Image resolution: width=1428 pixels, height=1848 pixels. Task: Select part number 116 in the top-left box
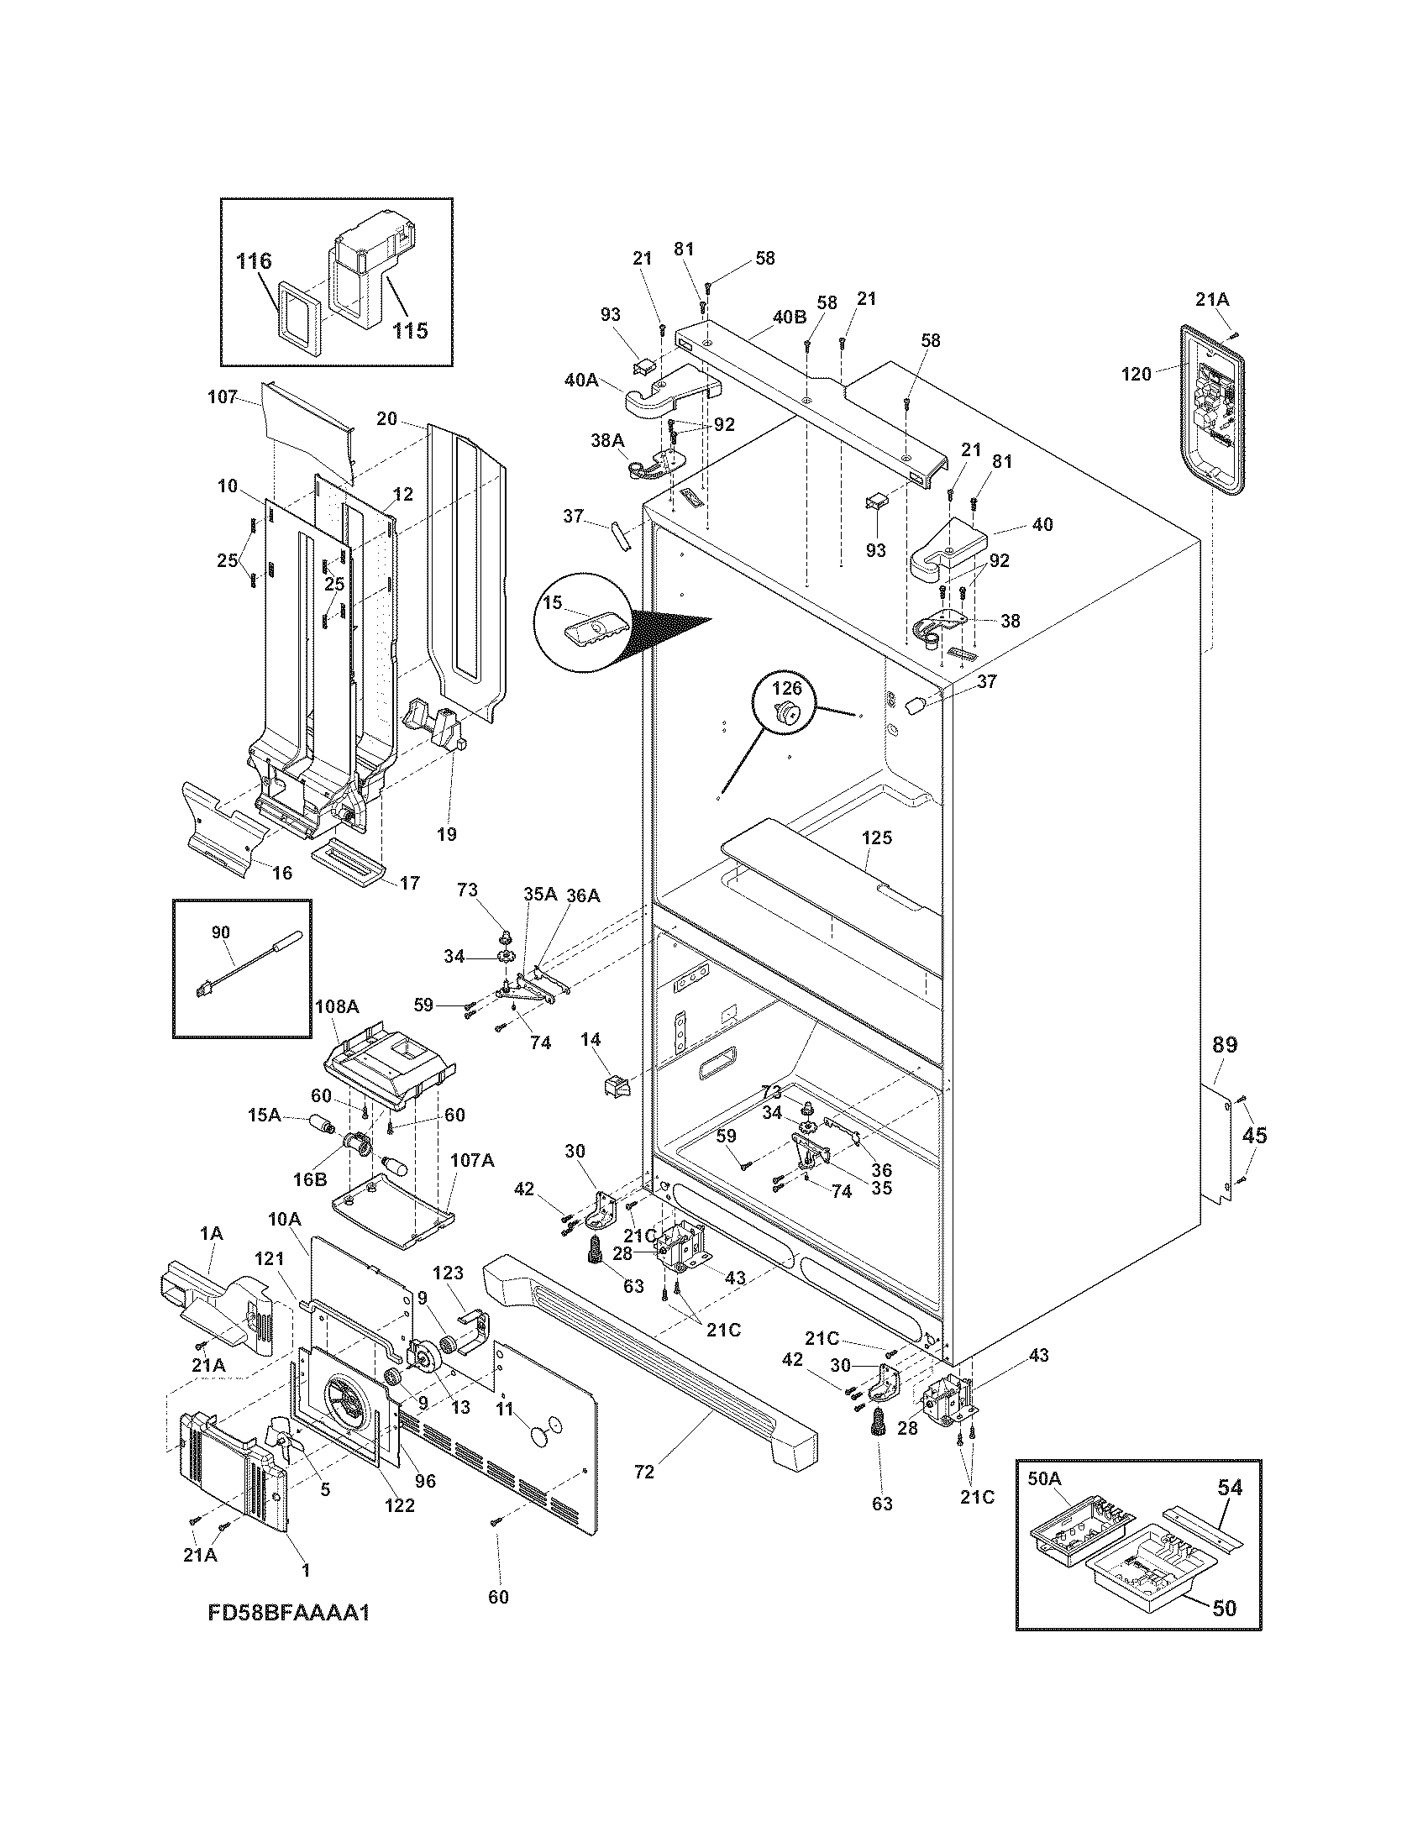254,260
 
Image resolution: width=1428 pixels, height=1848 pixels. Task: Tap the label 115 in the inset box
409,330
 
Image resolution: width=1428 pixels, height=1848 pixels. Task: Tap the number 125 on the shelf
877,837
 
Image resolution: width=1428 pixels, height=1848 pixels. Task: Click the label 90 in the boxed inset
221,932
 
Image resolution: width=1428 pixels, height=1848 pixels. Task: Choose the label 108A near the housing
337,1006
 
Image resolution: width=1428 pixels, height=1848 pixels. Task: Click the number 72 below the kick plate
643,1472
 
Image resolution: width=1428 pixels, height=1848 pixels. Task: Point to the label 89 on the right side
1224,1045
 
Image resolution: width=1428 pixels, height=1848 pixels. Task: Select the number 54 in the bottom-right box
1229,1487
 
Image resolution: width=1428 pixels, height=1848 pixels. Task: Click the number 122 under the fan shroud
399,1505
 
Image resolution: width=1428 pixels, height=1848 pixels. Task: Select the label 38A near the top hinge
606,439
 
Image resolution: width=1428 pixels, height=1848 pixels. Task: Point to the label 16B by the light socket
310,1179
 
